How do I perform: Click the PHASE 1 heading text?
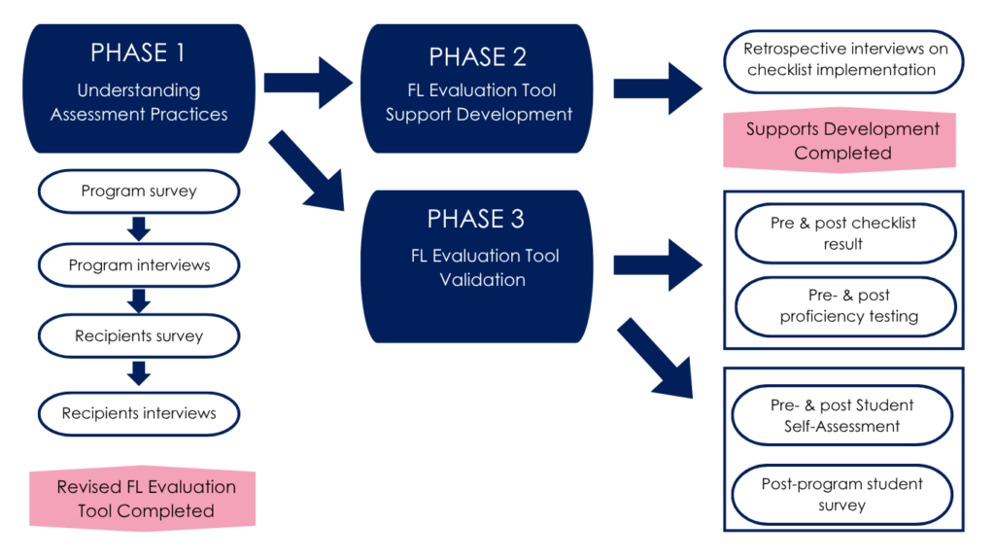pos(138,52)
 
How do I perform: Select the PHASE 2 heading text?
pos(478,56)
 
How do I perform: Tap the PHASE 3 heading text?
pos(476,218)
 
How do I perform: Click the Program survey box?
pos(139,192)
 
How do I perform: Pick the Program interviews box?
pos(139,264)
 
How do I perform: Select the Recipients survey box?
pos(139,336)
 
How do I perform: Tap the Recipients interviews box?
pos(139,413)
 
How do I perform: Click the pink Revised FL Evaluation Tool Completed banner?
pos(142,498)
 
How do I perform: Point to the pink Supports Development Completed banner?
pos(842,140)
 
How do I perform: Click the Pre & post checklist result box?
pos(843,233)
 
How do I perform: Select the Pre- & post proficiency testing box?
pos(843,305)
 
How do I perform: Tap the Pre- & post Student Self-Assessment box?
pos(842,415)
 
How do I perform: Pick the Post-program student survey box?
pos(842,494)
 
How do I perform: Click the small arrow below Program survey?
pos(139,228)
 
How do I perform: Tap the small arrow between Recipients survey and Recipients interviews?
pos(139,373)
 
